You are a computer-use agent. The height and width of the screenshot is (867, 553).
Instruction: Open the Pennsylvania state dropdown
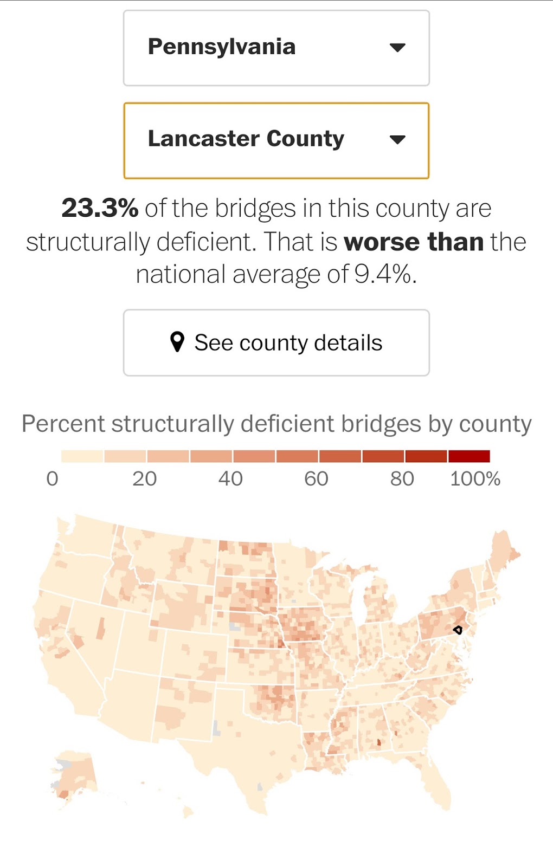[276, 48]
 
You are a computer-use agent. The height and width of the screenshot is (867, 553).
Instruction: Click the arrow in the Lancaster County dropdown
[397, 140]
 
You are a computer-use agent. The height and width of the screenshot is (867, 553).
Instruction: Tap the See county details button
[276, 342]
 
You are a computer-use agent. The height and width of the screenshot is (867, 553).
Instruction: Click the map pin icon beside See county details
[177, 342]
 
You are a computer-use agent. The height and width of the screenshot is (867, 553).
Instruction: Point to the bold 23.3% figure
[100, 208]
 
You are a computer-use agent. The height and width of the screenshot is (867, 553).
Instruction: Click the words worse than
[414, 242]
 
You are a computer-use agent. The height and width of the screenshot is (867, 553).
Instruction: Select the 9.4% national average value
[384, 274]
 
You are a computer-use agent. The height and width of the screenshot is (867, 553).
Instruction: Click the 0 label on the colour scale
[52, 478]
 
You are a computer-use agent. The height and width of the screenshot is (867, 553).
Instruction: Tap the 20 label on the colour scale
[144, 478]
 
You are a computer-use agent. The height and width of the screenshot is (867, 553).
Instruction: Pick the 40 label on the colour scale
[230, 478]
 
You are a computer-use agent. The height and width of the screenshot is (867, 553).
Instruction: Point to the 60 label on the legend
[316, 478]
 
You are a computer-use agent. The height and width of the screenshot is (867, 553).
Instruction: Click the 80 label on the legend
[402, 478]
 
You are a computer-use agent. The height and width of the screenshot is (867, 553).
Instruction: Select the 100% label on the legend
[475, 478]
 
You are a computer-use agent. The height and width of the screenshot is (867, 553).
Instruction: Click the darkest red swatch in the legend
[469, 456]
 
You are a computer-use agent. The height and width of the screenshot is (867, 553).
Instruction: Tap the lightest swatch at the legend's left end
[82, 456]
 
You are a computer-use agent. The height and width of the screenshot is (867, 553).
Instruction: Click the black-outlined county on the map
[458, 630]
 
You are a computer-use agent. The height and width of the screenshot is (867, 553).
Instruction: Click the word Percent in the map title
[63, 424]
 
